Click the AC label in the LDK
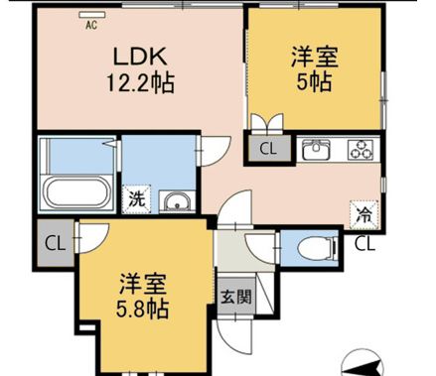[x=91, y=24]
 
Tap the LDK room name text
[x=140, y=56]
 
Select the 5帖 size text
[x=314, y=83]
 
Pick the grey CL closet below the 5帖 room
[x=267, y=150]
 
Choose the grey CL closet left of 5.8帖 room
[x=54, y=243]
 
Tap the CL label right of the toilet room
[x=364, y=242]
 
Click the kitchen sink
[x=316, y=151]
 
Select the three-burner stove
[x=360, y=151]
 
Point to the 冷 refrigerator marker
[x=363, y=211]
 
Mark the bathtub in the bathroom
[x=78, y=194]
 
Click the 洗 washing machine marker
[x=136, y=198]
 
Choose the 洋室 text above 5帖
[x=314, y=57]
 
